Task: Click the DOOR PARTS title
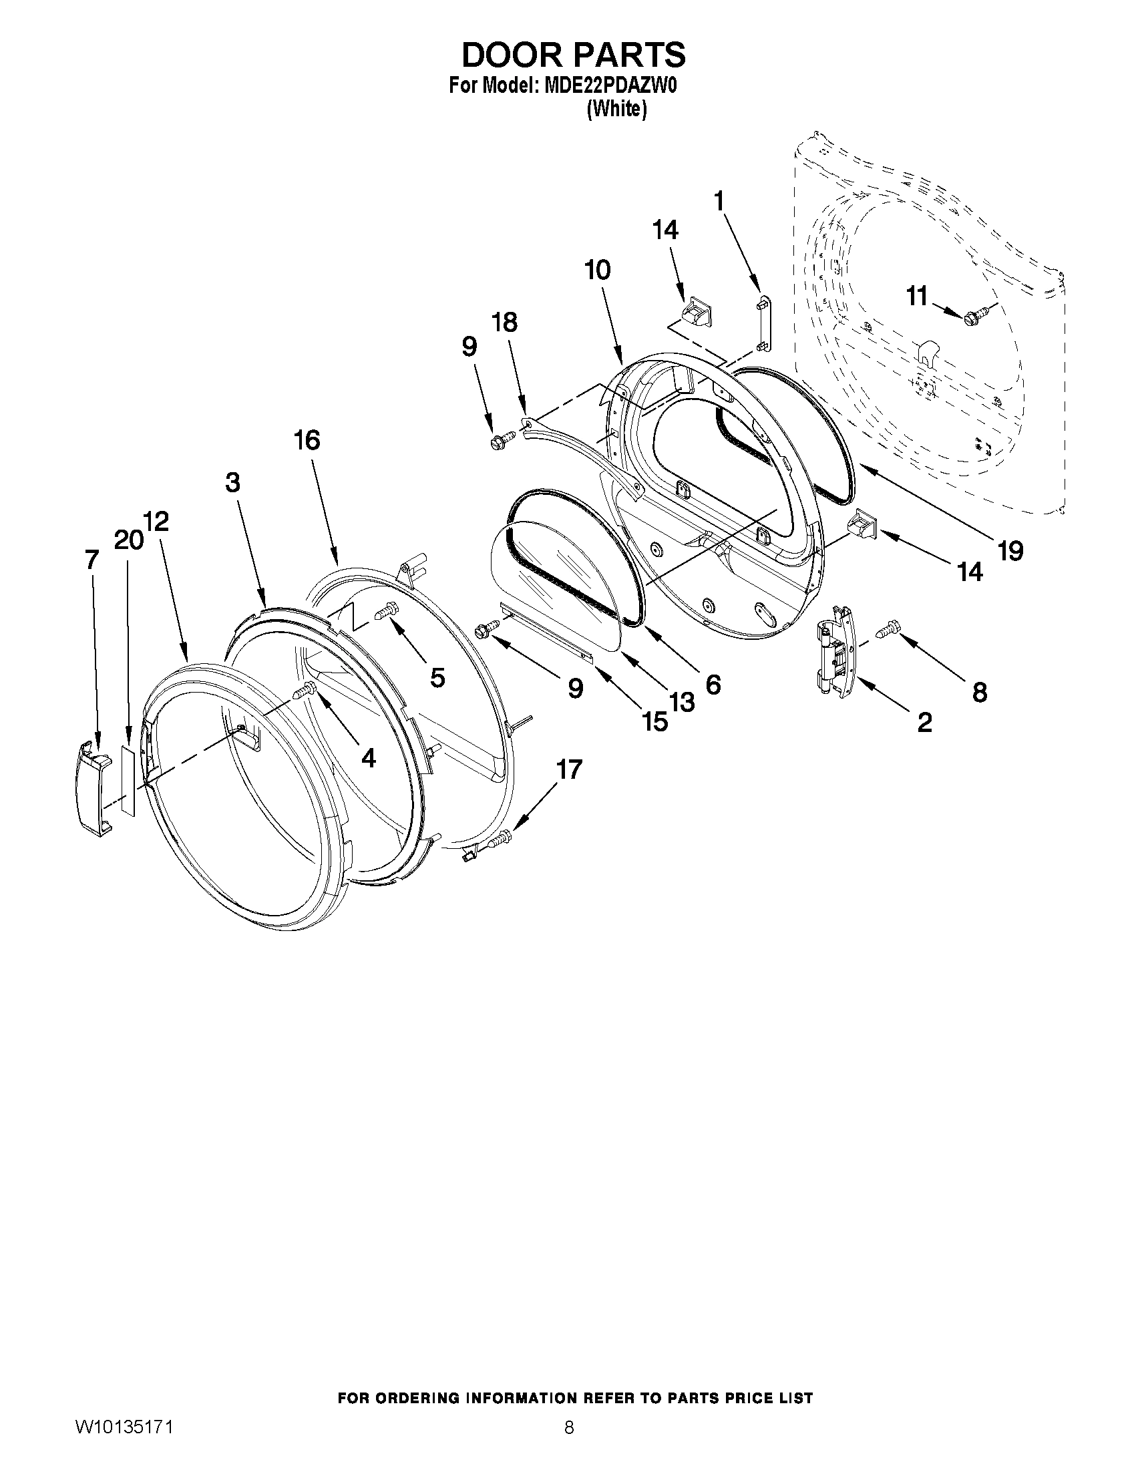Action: [574, 55]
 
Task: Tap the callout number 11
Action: [916, 296]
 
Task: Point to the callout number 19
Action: [1010, 550]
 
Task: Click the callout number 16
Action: [307, 440]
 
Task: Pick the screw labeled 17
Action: [501, 839]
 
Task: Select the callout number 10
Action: [598, 270]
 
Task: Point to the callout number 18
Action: [505, 323]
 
